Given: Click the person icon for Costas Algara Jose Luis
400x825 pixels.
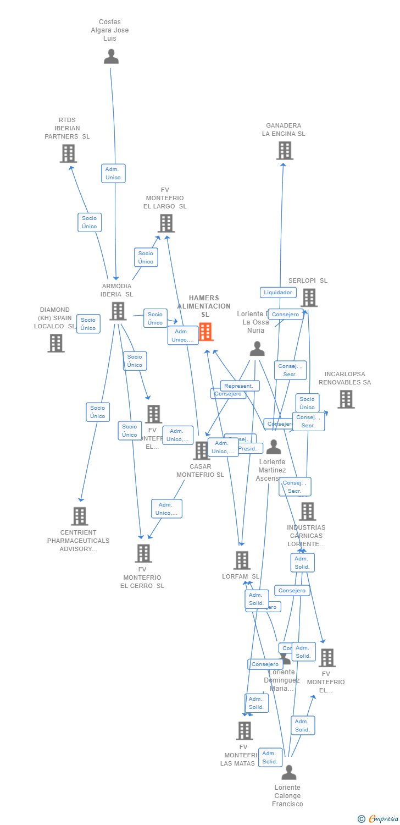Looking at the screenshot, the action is (111, 56).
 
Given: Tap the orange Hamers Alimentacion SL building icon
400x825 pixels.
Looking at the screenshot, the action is (205, 332).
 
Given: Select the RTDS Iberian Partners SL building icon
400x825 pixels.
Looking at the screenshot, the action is (68, 153).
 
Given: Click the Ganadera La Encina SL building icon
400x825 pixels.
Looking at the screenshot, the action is (285, 150).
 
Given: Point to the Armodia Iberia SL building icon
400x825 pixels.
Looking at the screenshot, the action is (118, 311).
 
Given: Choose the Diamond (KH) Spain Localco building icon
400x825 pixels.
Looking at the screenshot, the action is (56, 343).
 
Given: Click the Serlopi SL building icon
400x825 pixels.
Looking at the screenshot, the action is (309, 298).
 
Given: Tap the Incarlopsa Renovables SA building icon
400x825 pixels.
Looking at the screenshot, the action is (346, 399).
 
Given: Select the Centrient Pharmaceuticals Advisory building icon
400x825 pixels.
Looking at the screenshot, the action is (80, 516).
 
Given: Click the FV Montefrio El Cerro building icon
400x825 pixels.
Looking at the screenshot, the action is (143, 553).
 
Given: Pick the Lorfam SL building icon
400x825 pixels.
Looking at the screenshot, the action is (242, 560).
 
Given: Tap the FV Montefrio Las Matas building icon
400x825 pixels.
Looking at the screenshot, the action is (245, 730).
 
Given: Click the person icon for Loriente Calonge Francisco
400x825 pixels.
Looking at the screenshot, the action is (288, 773).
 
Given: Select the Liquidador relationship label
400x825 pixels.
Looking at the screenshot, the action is (278, 293).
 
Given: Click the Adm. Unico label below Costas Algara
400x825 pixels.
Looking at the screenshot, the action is (113, 173).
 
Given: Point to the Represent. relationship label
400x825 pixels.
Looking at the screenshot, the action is (240, 386).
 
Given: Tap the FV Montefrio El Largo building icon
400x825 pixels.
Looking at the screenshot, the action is (166, 223).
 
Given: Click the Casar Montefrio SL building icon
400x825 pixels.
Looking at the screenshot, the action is (202, 450).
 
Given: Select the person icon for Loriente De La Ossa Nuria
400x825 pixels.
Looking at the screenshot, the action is (257, 348).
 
